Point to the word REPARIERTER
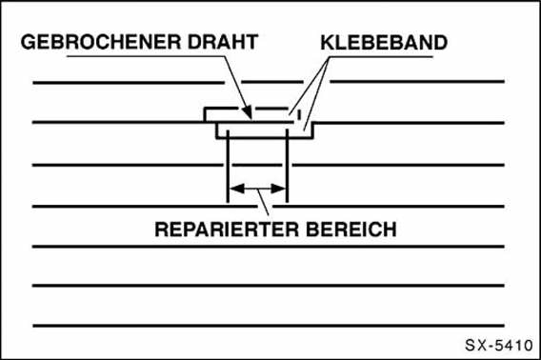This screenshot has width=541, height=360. point(215,230)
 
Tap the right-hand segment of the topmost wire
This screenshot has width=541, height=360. point(419,83)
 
